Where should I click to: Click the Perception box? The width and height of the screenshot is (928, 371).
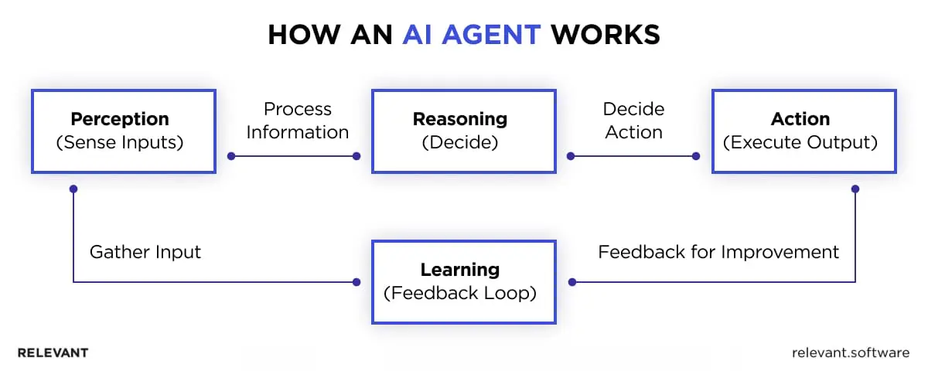coord(124,131)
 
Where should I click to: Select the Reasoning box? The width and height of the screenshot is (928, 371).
coord(464,131)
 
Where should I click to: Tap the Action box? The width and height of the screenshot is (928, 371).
coord(803,131)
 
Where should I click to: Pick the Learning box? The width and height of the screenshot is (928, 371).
coord(464,281)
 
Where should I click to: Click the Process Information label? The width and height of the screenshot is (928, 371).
coord(298,121)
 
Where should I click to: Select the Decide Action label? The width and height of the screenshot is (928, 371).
coord(633,121)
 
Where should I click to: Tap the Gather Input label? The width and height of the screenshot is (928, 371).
coord(145,252)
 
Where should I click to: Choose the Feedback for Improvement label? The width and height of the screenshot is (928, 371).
coord(718,252)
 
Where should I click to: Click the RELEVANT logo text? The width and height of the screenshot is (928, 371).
coord(53,352)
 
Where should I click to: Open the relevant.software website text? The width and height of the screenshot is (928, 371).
coord(851,352)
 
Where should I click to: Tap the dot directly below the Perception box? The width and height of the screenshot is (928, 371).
coord(73,188)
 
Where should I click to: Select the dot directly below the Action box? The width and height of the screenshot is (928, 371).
coord(855,188)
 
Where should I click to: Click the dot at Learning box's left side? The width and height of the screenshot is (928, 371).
coord(357,282)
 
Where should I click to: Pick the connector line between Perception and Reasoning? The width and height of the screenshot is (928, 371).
coord(294,156)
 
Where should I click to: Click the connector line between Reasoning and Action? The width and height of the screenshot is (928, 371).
coord(633,156)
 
